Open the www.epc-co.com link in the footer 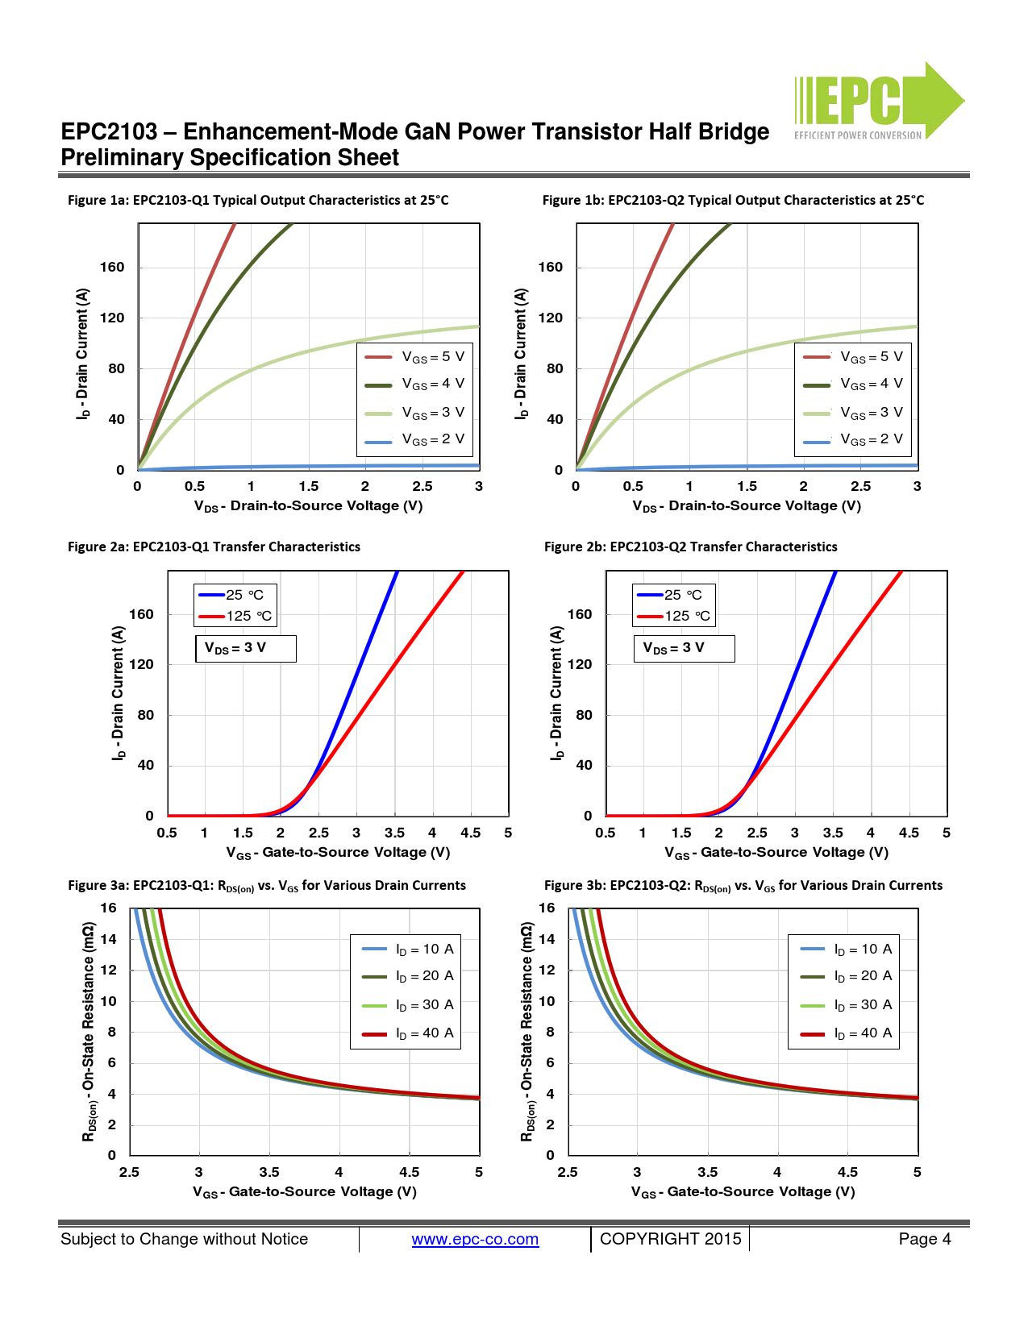pos(475,1240)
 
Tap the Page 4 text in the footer pos(924,1240)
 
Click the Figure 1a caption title pos(258,200)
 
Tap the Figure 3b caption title pos(743,886)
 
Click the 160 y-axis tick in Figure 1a pos(112,268)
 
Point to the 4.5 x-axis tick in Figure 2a pos(470,833)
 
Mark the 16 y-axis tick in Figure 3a pos(109,908)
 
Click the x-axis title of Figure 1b pos(747,506)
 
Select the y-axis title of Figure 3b pos(527,1032)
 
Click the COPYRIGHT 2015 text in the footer pos(670,1240)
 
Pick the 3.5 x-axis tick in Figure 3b pos(707,1173)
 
